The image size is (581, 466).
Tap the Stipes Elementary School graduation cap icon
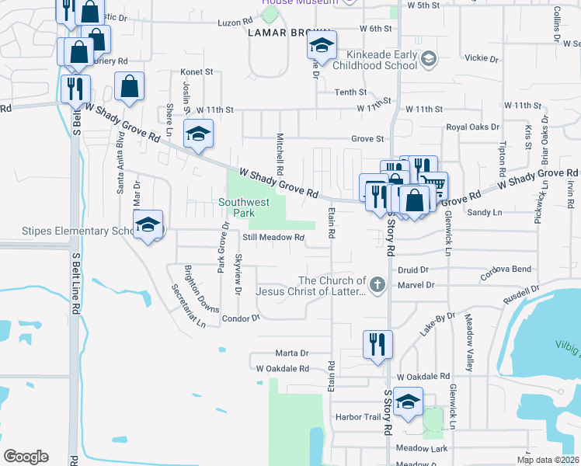click(x=148, y=225)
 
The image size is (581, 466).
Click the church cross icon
click(x=377, y=285)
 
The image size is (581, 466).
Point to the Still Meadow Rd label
click(x=272, y=238)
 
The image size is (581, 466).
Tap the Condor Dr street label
click(x=240, y=318)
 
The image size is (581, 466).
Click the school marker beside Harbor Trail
click(x=407, y=402)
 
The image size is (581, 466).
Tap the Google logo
click(x=26, y=457)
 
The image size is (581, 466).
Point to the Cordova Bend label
click(x=506, y=270)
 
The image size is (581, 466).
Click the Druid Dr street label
click(x=413, y=270)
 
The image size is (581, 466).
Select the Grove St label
click(x=367, y=139)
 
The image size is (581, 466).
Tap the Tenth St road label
click(x=350, y=92)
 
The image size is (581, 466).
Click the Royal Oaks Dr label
click(x=472, y=127)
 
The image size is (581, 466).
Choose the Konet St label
click(x=197, y=71)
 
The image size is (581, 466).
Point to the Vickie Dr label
click(x=480, y=58)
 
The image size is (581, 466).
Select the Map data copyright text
click(x=548, y=460)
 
